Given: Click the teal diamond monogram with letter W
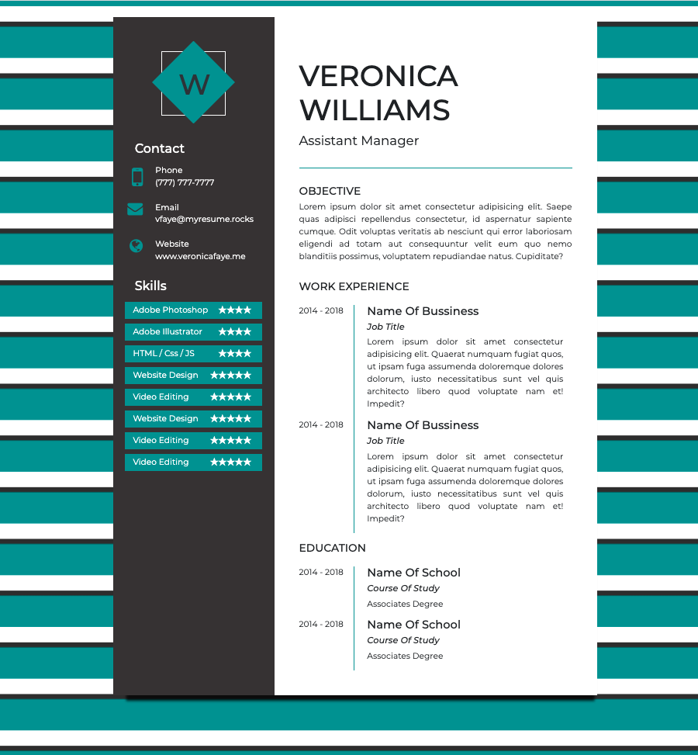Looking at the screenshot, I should click(x=193, y=82).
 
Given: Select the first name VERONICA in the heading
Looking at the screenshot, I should click(x=378, y=76).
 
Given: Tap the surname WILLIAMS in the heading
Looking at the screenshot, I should click(x=375, y=110).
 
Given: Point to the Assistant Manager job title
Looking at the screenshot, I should click(x=358, y=140).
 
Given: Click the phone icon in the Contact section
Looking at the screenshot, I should click(x=137, y=177).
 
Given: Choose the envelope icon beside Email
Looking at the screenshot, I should click(x=136, y=208).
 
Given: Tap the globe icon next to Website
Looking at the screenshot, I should click(x=136, y=246).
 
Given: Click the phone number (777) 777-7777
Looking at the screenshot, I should click(x=185, y=183).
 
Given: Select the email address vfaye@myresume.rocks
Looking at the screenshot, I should click(x=204, y=219).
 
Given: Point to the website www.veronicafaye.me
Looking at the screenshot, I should click(x=200, y=256).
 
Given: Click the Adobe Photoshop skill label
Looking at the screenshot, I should click(x=170, y=310).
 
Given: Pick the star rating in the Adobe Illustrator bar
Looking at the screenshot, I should click(x=234, y=332).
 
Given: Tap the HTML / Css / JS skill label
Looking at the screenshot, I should click(x=164, y=354).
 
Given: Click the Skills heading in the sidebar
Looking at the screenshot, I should click(x=150, y=286).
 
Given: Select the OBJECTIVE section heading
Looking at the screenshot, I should click(x=330, y=191).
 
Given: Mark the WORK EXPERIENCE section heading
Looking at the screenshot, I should click(x=354, y=286).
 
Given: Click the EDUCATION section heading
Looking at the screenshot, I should click(x=332, y=548).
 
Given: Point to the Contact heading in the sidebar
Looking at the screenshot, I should click(x=160, y=148).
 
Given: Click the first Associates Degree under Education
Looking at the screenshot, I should click(x=405, y=604).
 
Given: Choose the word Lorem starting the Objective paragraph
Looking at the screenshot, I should click(x=312, y=207).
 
